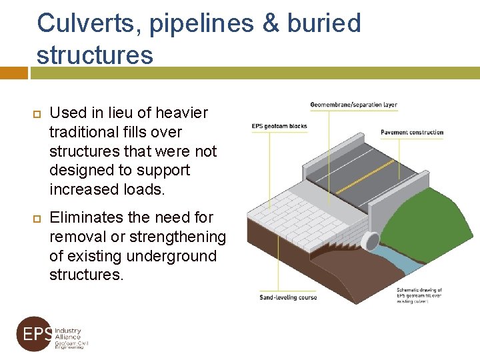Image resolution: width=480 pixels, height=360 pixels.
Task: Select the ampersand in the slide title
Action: point(270,23)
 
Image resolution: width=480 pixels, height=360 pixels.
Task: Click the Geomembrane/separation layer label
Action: point(353,105)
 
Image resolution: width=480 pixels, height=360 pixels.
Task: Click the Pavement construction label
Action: point(412,133)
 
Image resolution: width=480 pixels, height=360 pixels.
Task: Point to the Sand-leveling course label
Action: point(288,297)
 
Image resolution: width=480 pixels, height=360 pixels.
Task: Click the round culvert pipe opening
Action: point(369,241)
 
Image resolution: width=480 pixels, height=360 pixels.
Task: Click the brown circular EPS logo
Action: point(33,333)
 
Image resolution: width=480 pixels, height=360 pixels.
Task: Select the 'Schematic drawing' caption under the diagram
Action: point(419,295)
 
